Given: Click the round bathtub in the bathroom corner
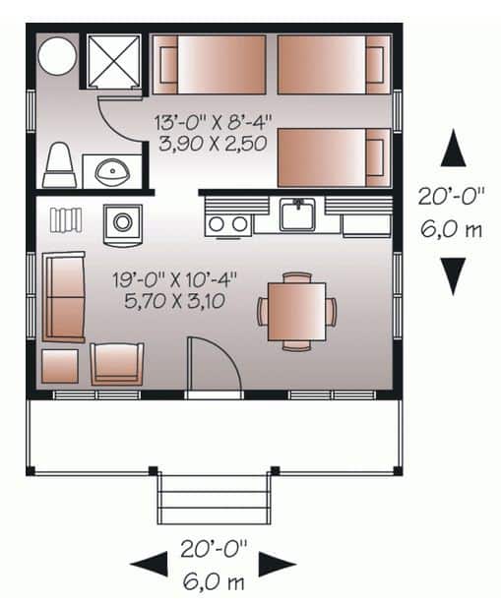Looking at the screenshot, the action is tap(57, 55).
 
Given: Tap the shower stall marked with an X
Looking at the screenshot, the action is tap(113, 61).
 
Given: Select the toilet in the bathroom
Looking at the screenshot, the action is tap(59, 164).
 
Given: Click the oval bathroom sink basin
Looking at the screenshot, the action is tap(112, 171).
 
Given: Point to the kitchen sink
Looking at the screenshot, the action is tap(297, 214).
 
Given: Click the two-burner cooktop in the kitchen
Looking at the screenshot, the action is tap(228, 224).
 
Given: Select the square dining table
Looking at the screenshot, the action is tap(297, 312).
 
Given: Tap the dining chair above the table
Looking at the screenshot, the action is tap(297, 277).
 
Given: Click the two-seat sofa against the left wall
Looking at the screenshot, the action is tap(64, 297).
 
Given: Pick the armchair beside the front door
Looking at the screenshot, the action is tap(117, 364).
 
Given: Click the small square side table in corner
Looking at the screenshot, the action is tap(60, 366).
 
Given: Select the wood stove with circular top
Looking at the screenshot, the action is tap(123, 224).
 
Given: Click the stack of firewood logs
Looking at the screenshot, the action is tap(66, 220).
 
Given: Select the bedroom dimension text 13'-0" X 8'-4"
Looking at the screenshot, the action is tap(213, 122).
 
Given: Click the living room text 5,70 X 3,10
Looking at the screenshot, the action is tap(174, 301).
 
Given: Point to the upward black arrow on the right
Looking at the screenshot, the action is tap(453, 148).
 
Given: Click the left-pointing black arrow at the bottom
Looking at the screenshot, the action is tap(149, 564).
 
